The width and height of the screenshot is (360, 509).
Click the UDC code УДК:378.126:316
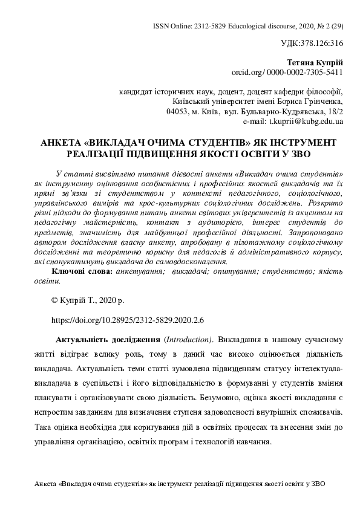tap(313, 44)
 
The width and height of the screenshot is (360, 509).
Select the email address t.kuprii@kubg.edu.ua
tap(310, 121)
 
